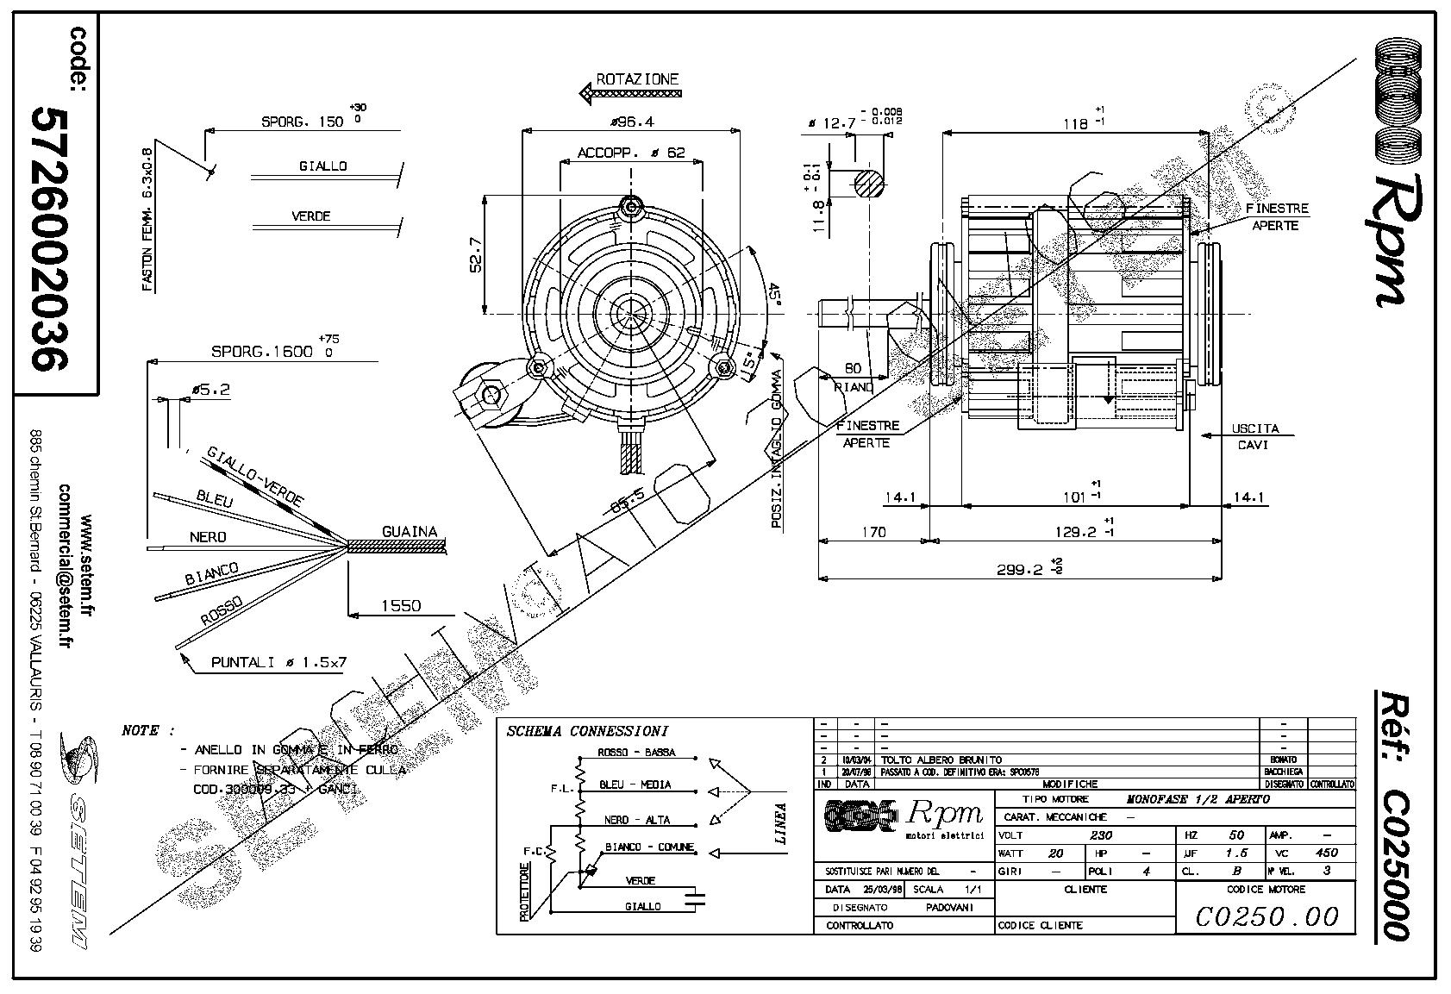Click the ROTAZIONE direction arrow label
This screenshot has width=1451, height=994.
[637, 79]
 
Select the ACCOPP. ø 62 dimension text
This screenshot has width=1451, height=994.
[631, 153]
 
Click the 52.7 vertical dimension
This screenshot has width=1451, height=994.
[476, 255]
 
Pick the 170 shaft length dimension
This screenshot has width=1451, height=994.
[873, 532]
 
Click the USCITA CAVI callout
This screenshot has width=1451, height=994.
[1255, 436]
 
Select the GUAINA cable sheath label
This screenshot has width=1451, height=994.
[410, 532]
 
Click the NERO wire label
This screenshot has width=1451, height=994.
[208, 537]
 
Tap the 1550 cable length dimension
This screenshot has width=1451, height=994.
[401, 606]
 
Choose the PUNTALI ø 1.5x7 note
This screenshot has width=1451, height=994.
[278, 662]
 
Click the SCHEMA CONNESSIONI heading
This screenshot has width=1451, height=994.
[586, 731]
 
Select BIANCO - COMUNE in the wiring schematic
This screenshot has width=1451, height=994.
[649, 847]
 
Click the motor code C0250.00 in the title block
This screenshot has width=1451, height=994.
[1266, 916]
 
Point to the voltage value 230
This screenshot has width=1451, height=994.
[1101, 835]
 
